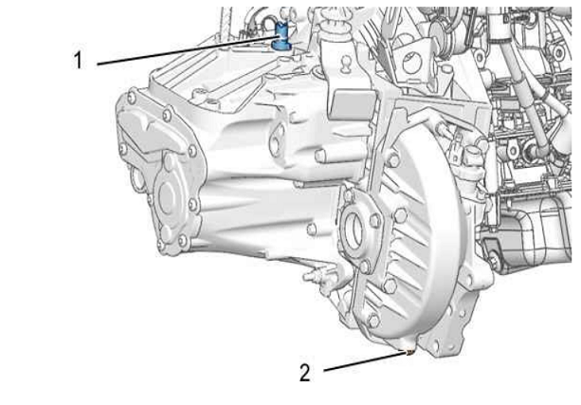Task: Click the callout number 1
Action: (x=78, y=61)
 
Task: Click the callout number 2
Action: (x=304, y=373)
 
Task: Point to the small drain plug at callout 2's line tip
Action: (x=409, y=351)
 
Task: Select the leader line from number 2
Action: (x=365, y=361)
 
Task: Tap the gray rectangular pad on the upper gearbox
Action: (x=350, y=104)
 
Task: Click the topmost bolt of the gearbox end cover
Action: (x=131, y=99)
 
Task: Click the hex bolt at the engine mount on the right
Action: (x=493, y=260)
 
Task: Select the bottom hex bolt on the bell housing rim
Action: (x=373, y=321)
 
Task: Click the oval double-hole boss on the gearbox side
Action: (x=277, y=139)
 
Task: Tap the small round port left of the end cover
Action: (x=136, y=179)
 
